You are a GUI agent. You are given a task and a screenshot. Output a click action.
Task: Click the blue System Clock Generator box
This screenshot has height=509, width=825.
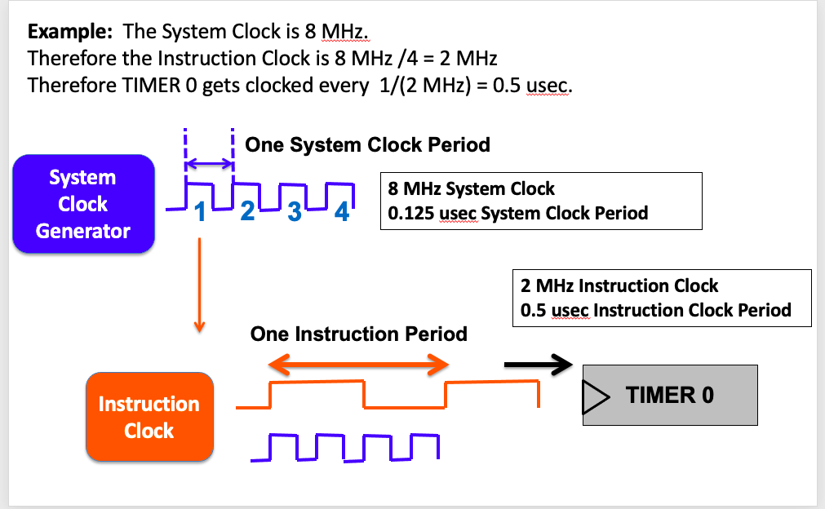tap(82, 204)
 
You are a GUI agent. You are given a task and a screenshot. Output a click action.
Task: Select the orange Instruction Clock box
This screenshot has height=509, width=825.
tap(149, 417)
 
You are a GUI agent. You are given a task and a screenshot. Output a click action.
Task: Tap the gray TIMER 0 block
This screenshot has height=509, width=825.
tap(670, 396)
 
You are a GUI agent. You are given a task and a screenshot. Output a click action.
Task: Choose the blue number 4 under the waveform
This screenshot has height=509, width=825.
tap(342, 211)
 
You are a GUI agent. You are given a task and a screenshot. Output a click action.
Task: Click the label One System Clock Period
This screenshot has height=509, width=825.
tap(367, 145)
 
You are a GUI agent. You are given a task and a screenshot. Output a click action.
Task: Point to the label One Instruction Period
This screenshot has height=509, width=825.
tap(358, 334)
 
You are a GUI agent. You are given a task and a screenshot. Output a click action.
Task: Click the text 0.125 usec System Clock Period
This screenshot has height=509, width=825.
tap(518, 214)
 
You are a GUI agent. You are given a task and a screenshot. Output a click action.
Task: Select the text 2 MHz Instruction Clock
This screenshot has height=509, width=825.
tap(619, 286)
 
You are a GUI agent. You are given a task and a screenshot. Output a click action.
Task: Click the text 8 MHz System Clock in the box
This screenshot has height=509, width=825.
tap(472, 189)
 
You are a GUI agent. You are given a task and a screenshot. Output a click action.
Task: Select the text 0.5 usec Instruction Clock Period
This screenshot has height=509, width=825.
tap(655, 310)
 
